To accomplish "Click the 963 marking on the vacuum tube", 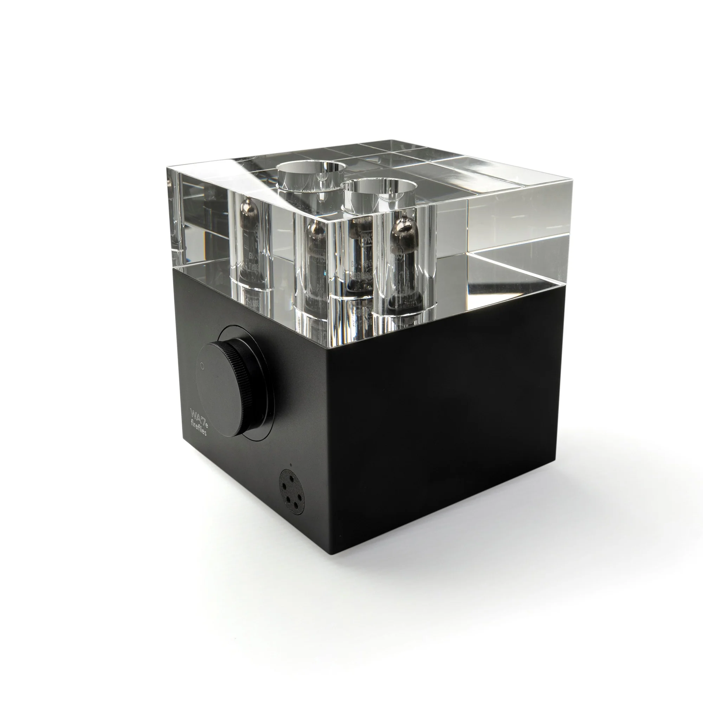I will pyautogui.click(x=365, y=240).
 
